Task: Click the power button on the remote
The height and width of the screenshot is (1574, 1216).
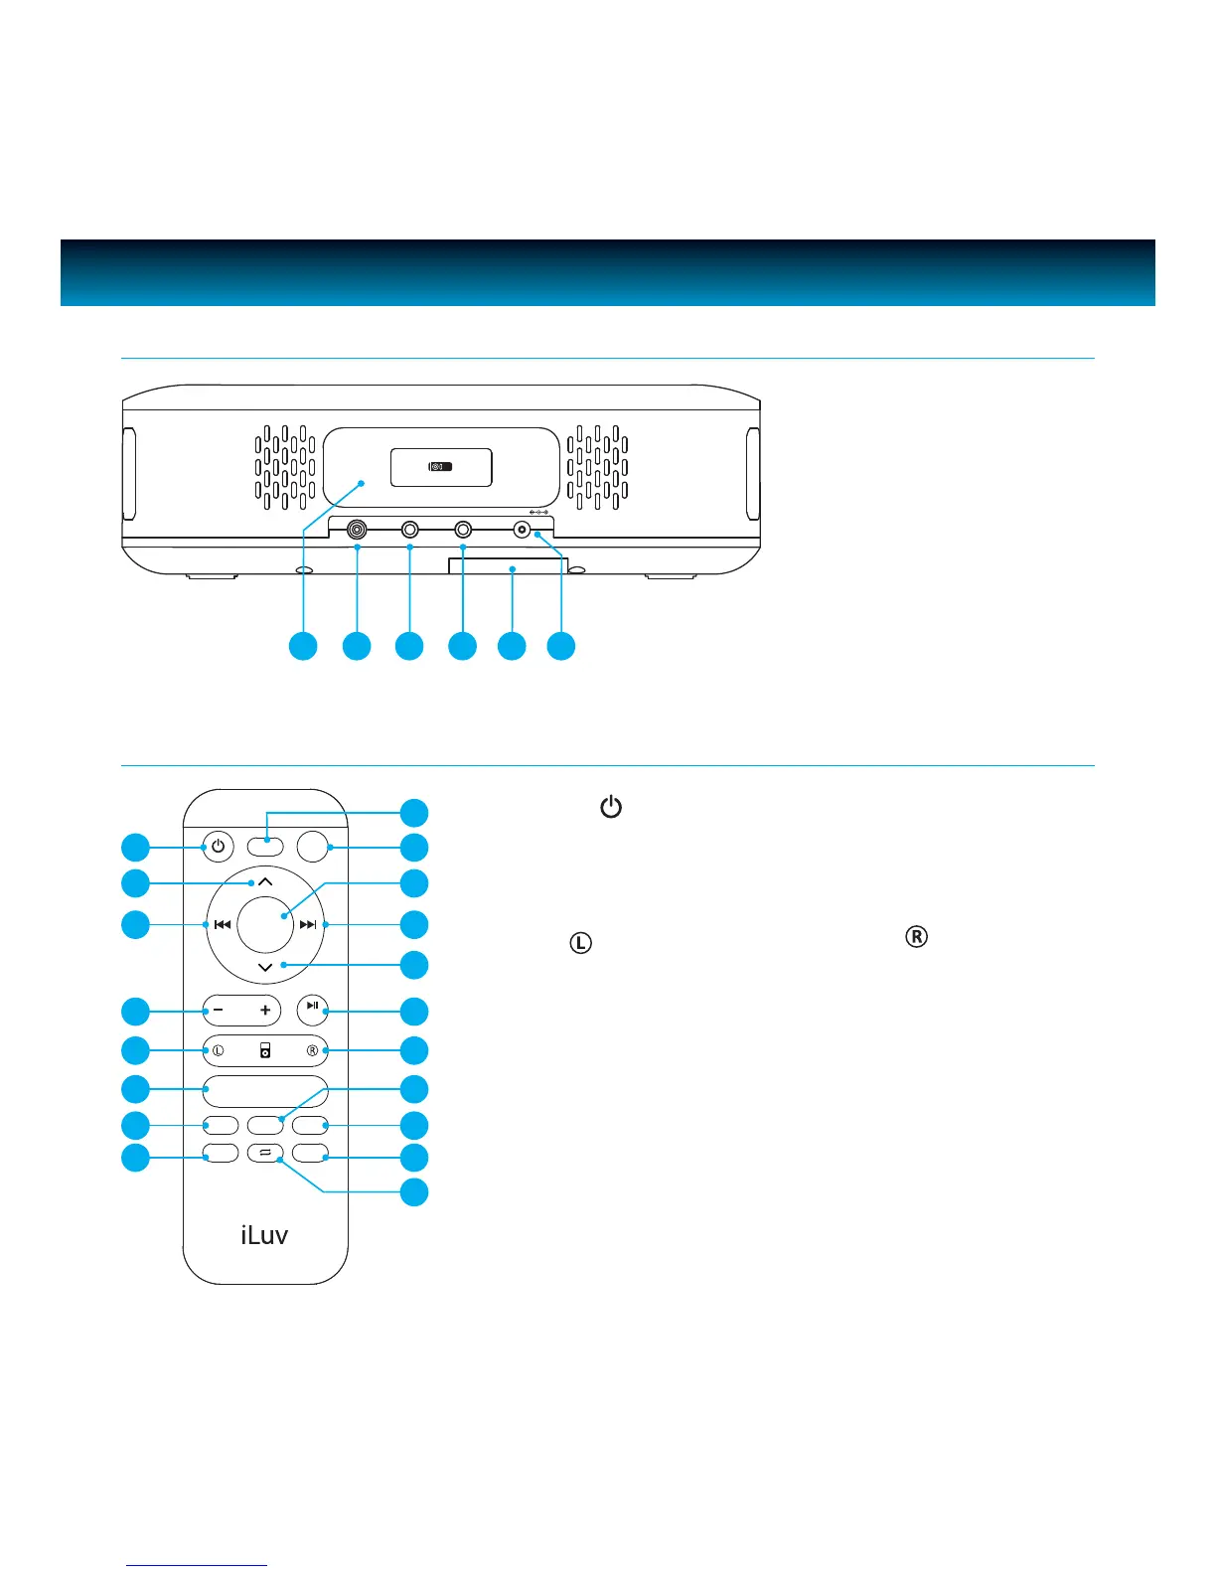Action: pyautogui.click(x=218, y=848)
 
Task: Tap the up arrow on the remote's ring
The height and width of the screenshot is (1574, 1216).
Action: pyautogui.click(x=265, y=881)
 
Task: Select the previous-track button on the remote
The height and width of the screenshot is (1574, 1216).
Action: pyautogui.click(x=223, y=925)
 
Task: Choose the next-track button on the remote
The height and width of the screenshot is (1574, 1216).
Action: pyautogui.click(x=308, y=925)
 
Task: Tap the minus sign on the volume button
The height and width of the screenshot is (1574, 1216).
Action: pyautogui.click(x=219, y=1011)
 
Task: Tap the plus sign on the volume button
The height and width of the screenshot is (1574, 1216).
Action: pyautogui.click(x=265, y=1011)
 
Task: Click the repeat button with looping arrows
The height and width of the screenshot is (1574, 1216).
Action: pyautogui.click(x=265, y=1154)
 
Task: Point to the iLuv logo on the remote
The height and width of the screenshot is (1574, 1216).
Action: pyautogui.click(x=264, y=1235)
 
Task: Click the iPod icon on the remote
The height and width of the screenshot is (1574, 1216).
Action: pyautogui.click(x=265, y=1050)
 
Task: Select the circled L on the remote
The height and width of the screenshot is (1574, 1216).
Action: pyautogui.click(x=219, y=1050)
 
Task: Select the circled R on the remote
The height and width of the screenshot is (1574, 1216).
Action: pyautogui.click(x=312, y=1050)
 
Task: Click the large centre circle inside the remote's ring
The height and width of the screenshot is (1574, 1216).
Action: pyautogui.click(x=265, y=925)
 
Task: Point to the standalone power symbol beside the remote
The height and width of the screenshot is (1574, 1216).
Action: pyautogui.click(x=611, y=807)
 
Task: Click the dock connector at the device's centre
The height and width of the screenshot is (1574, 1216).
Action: pyautogui.click(x=441, y=467)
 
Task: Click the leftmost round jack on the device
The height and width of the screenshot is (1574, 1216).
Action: pyautogui.click(x=357, y=531)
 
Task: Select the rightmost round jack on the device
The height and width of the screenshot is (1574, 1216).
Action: pyautogui.click(x=522, y=531)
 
